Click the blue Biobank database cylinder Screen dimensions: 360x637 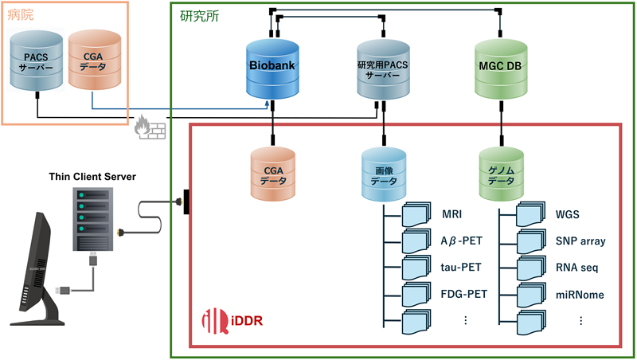tap(272, 68)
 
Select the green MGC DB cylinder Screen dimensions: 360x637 tap(501, 67)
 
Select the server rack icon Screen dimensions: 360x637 tap(92, 219)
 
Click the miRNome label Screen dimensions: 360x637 tap(580, 294)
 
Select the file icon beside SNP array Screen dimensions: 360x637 tap(532, 241)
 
